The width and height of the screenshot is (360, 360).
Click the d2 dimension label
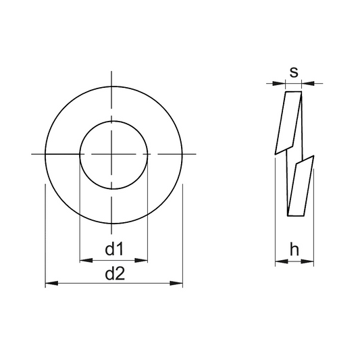click(115, 274)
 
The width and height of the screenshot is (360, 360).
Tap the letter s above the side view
click(294, 72)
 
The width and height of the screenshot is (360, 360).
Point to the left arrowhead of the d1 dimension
click(86, 260)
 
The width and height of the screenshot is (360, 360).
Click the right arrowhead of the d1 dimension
click(141, 260)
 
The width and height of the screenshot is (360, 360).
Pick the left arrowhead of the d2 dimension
click(51, 283)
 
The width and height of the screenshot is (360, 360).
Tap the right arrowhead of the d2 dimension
click(176, 283)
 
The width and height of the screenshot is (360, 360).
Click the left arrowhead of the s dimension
click(279, 83)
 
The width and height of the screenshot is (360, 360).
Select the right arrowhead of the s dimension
click(307, 83)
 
